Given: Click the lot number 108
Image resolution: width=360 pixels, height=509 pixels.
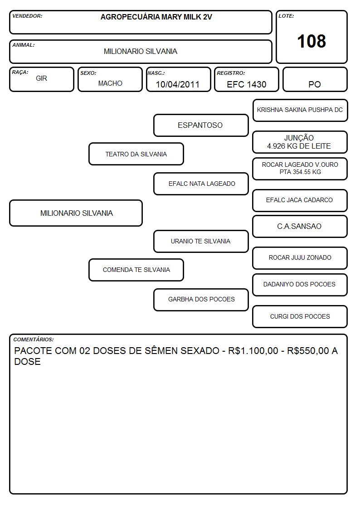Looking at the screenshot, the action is point(311,41).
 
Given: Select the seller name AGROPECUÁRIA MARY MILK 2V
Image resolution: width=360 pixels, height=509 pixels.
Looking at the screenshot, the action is point(156,17).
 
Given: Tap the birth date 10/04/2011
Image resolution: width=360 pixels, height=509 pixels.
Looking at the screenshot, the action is point(178,84).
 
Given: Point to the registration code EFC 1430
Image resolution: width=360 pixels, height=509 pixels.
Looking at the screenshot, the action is point(246,84).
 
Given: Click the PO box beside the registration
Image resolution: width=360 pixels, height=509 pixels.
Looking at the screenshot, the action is point(315,79).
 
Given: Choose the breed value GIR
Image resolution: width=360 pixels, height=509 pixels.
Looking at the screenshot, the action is point(42,78).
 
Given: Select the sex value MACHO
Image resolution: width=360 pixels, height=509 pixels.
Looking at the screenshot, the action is point(110,83).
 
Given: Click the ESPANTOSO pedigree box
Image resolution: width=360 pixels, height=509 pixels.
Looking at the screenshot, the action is point(201,125).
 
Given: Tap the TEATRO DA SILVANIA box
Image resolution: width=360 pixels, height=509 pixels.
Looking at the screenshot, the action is point(136,154).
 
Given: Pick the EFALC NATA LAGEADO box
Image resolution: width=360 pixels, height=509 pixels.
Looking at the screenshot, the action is point(201,184).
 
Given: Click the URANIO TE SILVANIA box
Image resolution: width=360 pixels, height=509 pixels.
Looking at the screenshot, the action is point(201,241).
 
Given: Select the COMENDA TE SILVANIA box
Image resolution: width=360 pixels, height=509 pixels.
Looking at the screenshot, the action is point(136,270).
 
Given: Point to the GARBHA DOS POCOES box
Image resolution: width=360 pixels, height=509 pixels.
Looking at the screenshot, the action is point(201,299).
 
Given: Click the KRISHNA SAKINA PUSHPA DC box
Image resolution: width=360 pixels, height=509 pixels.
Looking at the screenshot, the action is point(300,111).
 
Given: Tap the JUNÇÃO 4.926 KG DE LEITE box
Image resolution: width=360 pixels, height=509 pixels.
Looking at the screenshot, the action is point(300,142).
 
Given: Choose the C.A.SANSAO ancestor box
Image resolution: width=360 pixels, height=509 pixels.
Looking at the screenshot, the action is point(300,227).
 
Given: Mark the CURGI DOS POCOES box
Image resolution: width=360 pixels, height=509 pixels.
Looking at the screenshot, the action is point(300,316).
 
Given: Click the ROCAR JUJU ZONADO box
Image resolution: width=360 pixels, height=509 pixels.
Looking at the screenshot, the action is point(300,258).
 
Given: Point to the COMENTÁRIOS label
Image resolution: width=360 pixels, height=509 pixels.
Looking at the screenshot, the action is point(34,339).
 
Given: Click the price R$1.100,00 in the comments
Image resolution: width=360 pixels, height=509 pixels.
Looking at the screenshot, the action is point(253,351).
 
